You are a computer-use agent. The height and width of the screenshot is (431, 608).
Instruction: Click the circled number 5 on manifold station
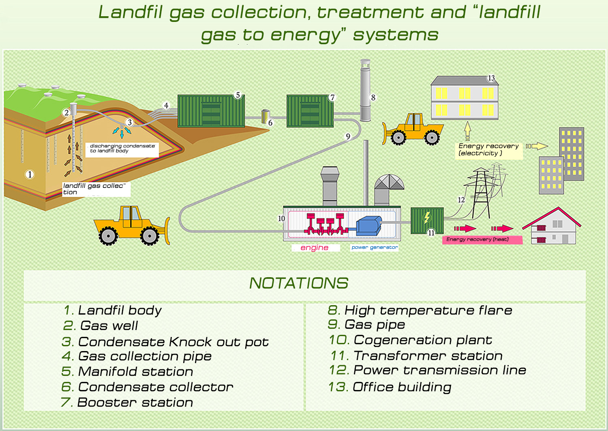[x=238, y=95]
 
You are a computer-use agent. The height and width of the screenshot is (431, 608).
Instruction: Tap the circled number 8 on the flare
[x=373, y=97]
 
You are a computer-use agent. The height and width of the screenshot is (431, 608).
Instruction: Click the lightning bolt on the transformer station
[x=426, y=218]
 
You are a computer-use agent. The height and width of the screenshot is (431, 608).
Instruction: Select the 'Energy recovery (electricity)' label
[x=488, y=150]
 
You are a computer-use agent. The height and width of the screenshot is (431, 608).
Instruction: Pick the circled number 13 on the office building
[x=491, y=78]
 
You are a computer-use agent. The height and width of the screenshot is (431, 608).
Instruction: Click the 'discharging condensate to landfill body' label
[x=122, y=149]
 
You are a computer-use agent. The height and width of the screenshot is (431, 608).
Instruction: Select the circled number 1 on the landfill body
[x=29, y=175]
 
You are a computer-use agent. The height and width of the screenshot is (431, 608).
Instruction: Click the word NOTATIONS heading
[x=299, y=283]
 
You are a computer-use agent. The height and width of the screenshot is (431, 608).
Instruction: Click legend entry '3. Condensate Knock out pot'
[x=165, y=342]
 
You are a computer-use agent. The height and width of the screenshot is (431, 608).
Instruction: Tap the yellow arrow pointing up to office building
[x=467, y=131]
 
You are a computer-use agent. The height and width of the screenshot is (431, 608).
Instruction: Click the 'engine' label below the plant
[x=315, y=248]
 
